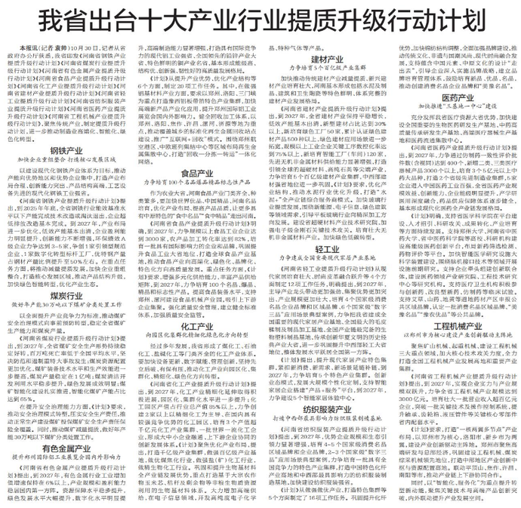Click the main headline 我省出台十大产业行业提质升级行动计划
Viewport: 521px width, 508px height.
pos(260,19)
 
